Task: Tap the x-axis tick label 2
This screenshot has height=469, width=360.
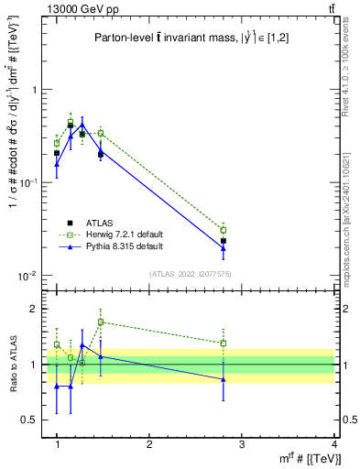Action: pyautogui.click(x=149, y=444)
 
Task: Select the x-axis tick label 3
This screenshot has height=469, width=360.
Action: pyautogui.click(x=242, y=444)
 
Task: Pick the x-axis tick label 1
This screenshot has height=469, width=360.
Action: pyautogui.click(x=57, y=444)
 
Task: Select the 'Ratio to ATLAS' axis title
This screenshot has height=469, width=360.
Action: pyautogui.click(x=13, y=364)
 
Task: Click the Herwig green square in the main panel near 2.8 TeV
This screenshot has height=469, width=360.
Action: pyautogui.click(x=224, y=230)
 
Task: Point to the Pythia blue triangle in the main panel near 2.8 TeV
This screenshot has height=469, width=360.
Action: pyautogui.click(x=224, y=247)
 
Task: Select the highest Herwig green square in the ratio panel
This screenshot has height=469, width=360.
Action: pyautogui.click(x=101, y=322)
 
